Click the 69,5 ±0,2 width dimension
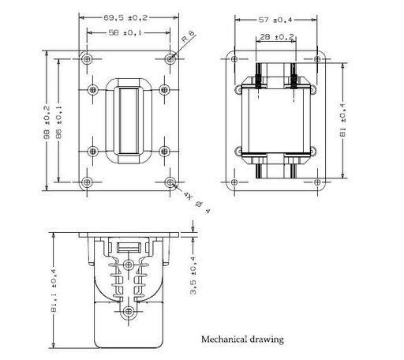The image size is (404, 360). tap(125, 18)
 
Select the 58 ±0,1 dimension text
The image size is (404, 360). tap(125, 32)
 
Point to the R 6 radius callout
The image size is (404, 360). tap(189, 36)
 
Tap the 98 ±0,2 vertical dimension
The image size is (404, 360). tap(47, 122)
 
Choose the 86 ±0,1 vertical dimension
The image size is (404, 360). tap(58, 122)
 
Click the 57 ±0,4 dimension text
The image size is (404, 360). tap(275, 20)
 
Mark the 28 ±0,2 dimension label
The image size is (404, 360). tap(277, 36)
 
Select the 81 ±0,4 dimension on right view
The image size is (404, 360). tap(342, 120)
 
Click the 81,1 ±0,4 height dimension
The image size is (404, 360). tap(54, 291)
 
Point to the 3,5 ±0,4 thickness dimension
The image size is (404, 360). tap(193, 276)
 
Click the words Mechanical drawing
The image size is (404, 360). tap(242, 339)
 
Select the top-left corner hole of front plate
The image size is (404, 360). tap(87, 59)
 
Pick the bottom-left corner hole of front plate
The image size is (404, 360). tap(87, 182)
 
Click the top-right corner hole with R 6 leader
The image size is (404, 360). tap(170, 59)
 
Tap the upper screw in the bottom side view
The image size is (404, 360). tap(129, 264)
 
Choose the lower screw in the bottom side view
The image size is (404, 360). tap(129, 311)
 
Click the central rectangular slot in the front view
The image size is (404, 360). tap(129, 121)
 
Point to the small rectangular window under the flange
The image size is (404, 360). tap(129, 247)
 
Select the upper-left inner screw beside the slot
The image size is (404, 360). tap(92, 90)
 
